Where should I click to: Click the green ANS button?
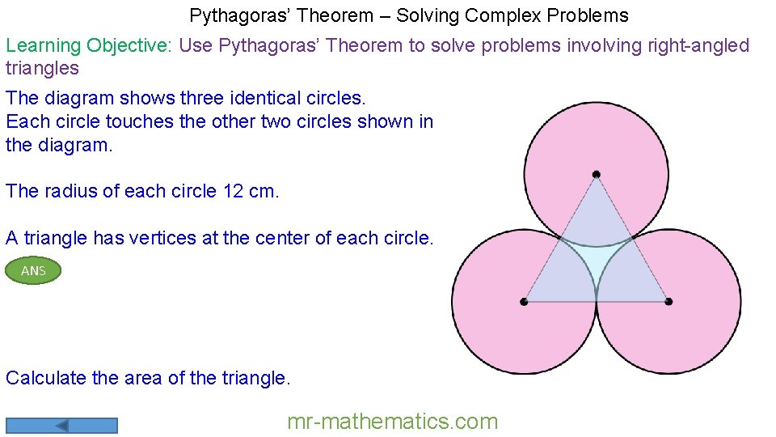[x=33, y=271]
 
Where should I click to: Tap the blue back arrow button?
[x=61, y=425]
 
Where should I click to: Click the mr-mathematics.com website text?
[x=393, y=422]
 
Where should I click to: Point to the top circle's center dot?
[x=596, y=174]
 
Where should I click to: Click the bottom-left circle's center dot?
[x=524, y=302]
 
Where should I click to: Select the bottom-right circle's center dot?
[x=668, y=302]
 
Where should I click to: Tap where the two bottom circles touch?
[x=597, y=301]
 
